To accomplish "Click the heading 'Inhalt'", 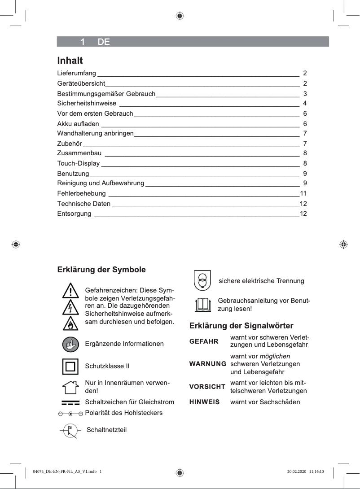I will [x=70, y=60].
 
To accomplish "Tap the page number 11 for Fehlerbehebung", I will [x=303, y=193].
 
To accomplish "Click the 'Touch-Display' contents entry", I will [x=79, y=163].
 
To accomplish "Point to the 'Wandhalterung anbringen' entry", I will [x=95, y=133].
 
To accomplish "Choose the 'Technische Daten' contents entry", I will [x=84, y=204].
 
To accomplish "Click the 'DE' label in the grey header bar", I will [x=104, y=42].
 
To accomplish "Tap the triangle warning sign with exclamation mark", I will [x=70, y=291].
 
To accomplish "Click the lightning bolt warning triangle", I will [x=70, y=307].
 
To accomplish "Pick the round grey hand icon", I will [x=70, y=344].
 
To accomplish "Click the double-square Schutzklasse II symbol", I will [x=70, y=366].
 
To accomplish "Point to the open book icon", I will [x=202, y=305].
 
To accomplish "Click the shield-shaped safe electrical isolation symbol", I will [x=202, y=281].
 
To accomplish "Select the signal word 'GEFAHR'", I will [x=204, y=341].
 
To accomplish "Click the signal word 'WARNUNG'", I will [x=207, y=364].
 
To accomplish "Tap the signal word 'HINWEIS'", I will [x=204, y=402].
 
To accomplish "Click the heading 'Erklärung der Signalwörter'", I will [x=241, y=325].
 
